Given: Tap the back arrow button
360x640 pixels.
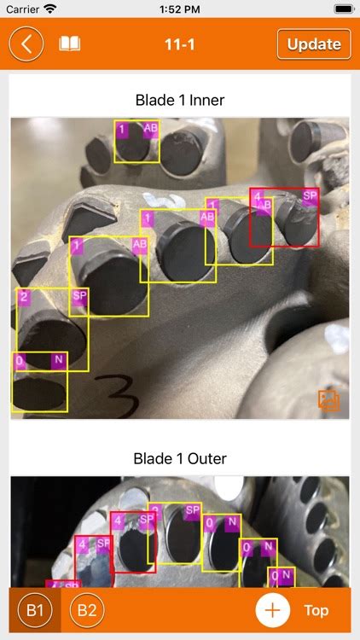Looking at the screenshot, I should pos(27,44).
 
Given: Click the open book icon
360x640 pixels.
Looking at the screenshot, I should pos(69,44).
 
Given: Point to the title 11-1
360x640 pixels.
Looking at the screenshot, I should pos(179,44).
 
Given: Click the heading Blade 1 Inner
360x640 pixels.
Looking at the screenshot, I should pos(180,101).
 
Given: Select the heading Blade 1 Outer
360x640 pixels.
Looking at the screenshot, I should pos(180,458).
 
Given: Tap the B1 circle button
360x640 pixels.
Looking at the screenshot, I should pos(34,610).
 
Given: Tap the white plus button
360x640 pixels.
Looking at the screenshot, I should pos(272,610).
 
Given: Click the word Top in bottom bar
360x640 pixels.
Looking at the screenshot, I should pos(316,610).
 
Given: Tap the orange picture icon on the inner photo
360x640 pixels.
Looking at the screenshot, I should pos(328,399).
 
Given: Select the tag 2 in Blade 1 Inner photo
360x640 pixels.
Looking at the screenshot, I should pos(24,297).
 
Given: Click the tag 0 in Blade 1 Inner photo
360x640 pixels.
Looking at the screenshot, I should pos(20,361).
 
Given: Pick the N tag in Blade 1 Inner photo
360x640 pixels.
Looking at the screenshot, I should pos(59,361).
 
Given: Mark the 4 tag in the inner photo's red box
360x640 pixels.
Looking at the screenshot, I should pos(257,196).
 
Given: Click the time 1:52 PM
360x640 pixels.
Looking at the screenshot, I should pos(179,9).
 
